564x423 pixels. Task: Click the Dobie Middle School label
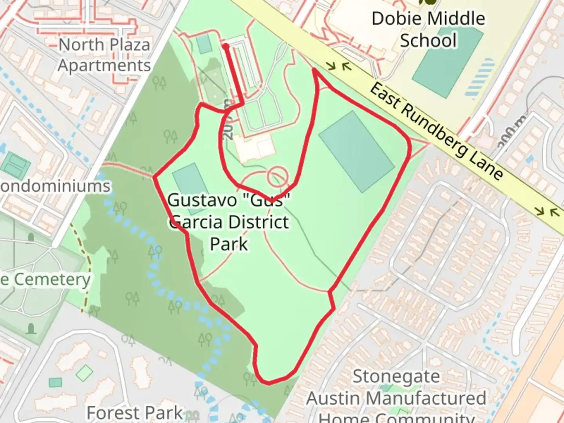428,29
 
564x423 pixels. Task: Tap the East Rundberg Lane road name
436,132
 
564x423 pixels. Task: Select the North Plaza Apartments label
104,55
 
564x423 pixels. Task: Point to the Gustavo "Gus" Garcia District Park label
230,222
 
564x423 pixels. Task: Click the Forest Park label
134,412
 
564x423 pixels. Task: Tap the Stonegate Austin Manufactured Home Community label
396,398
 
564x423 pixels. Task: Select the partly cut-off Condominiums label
55,186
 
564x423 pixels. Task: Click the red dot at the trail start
226,47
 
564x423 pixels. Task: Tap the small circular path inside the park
278,177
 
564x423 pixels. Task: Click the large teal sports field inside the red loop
356,151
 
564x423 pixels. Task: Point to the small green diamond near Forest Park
84,373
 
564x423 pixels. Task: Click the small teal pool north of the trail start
204,44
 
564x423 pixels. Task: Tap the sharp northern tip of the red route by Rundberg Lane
315,70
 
